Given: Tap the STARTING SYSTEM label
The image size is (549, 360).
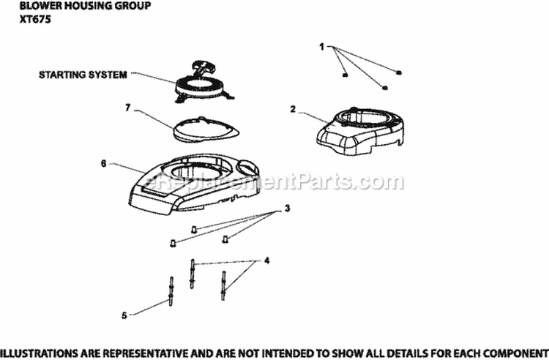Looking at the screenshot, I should click(83, 75).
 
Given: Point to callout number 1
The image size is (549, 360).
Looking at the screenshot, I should click(321, 47).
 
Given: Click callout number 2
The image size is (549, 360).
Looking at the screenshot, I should click(293, 109).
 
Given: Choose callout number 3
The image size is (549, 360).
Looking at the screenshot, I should click(287, 209).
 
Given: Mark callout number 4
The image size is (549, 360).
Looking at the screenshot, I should click(266, 260).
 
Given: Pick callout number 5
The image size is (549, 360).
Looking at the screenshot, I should click(124, 315).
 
